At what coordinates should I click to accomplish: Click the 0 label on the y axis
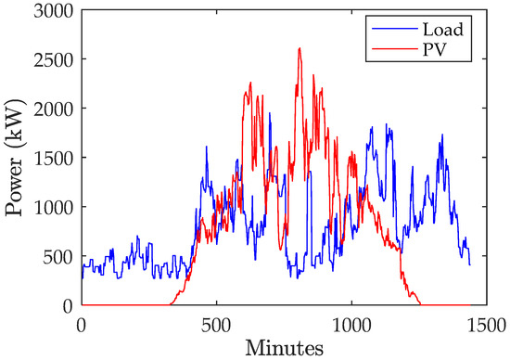click(70, 305)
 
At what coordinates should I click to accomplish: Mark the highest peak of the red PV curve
click(300, 48)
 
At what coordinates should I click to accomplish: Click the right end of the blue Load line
click(470, 265)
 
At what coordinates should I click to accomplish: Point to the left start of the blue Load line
click(82, 276)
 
